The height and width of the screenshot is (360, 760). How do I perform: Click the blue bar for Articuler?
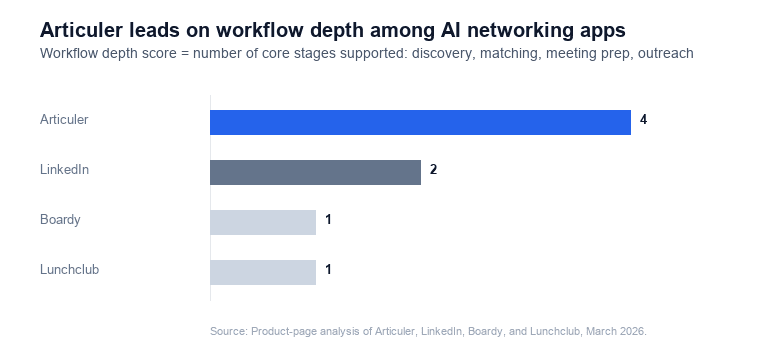[x=420, y=122]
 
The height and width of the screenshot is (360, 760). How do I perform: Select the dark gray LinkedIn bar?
[x=315, y=172]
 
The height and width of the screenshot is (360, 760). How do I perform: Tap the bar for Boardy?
[x=263, y=222]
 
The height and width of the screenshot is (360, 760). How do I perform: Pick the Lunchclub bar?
[x=263, y=272]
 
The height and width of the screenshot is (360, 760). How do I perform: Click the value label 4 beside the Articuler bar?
[x=644, y=120]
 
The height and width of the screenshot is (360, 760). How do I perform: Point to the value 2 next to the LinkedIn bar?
[x=433, y=170]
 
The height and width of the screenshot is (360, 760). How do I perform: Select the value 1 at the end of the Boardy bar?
[x=328, y=220]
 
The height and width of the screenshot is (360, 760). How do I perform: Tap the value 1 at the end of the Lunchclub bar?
[x=328, y=270]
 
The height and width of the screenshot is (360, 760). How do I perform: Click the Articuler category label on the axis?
[x=64, y=120]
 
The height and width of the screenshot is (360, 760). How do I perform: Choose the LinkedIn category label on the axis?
[x=64, y=170]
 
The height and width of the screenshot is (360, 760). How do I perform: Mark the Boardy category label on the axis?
[x=60, y=220]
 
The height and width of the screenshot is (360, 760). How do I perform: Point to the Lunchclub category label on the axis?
[x=69, y=270]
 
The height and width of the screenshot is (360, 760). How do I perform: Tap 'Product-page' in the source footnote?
[x=283, y=330]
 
